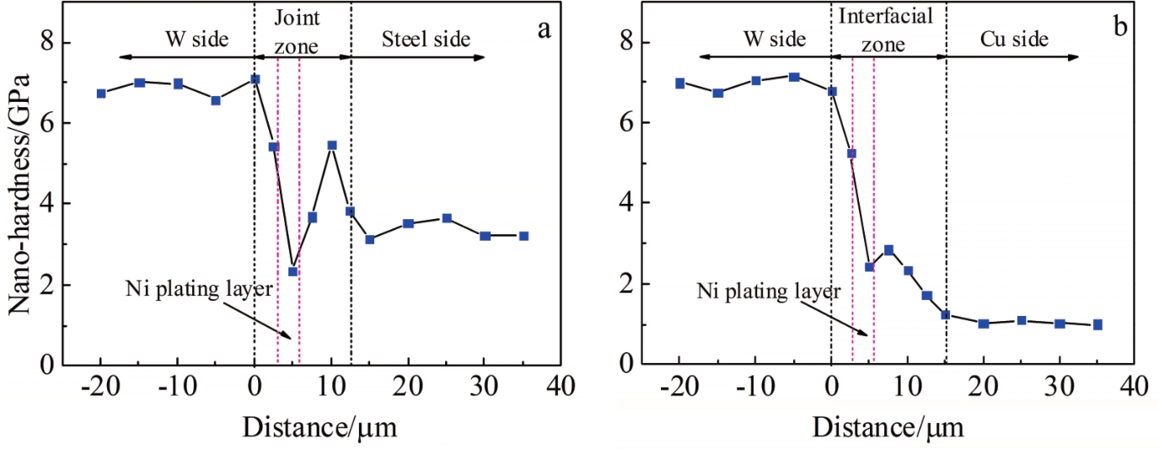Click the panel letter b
(1120, 28)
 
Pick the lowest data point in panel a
(292, 271)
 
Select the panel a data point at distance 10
(331, 145)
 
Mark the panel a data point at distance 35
(523, 236)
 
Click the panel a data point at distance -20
(101, 94)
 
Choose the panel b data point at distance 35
(1097, 324)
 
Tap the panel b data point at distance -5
(793, 77)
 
